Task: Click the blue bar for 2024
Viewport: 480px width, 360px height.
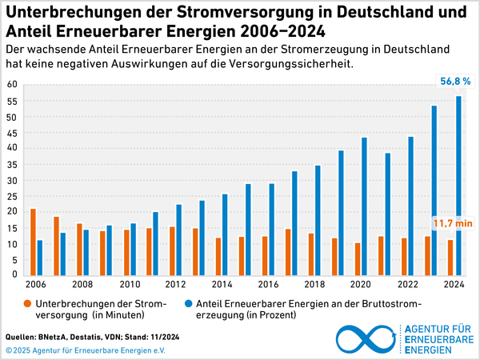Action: [459, 186]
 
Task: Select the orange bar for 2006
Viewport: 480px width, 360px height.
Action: [33, 242]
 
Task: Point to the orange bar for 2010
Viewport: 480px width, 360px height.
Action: [126, 253]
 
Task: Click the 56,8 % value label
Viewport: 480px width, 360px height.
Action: [455, 81]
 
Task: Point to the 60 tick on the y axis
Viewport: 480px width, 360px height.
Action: [11, 85]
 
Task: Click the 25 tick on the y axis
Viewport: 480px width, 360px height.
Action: [11, 196]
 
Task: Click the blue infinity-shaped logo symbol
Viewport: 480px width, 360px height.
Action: [366, 339]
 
